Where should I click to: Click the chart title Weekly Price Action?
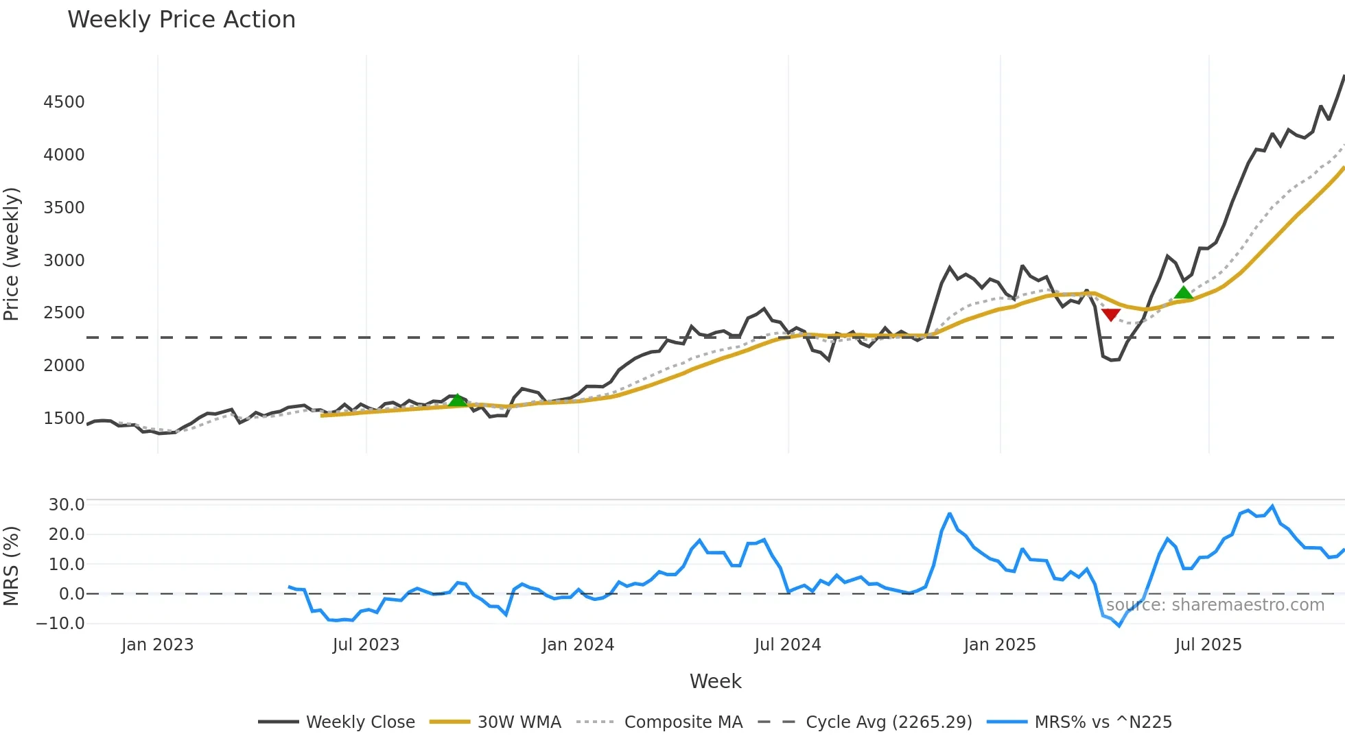coord(181,20)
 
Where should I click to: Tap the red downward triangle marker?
coord(1110,315)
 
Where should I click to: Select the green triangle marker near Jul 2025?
coord(1183,293)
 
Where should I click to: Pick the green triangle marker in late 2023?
coord(457,400)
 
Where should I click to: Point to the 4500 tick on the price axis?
coord(64,102)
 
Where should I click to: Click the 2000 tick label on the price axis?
coord(64,366)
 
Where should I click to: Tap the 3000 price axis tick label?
coord(64,261)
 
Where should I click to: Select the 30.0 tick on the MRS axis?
coord(67,505)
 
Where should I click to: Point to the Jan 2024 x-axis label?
coord(578,645)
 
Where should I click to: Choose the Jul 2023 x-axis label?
coord(366,645)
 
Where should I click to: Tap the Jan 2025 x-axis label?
coord(999,645)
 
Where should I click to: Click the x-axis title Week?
coord(715,681)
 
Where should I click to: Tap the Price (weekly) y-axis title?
coord(12,254)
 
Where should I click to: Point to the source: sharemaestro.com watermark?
coord(1215,605)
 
